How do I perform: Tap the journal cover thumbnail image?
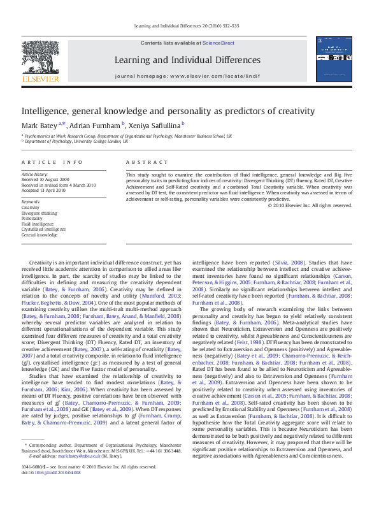(x=334, y=63)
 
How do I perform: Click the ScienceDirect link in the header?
(x=218, y=43)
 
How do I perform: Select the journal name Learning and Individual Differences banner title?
(x=187, y=61)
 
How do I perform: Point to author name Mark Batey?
(x=39, y=125)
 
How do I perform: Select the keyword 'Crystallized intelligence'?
(x=43, y=229)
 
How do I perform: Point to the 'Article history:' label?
(x=35, y=174)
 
